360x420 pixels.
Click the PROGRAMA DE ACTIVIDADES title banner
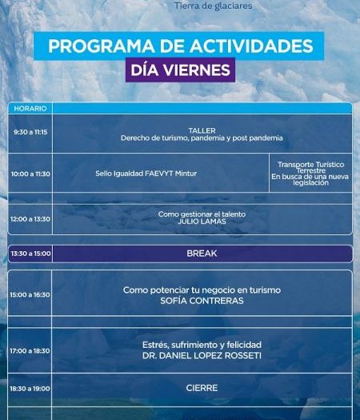pyautogui.click(x=178, y=46)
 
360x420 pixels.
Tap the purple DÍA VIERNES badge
pyautogui.click(x=180, y=70)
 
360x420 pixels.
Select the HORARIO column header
pyautogui.click(x=30, y=109)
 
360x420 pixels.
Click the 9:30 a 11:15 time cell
pyautogui.click(x=30, y=132)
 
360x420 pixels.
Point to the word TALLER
pyautogui.click(x=202, y=130)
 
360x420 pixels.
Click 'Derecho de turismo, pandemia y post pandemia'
pyautogui.click(x=202, y=138)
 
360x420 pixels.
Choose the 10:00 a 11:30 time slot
pyautogui.click(x=30, y=174)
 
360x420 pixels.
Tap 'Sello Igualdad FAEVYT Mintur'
pyautogui.click(x=146, y=174)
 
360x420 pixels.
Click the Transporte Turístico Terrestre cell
pyautogui.click(x=310, y=174)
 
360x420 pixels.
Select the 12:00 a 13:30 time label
pyautogui.click(x=30, y=219)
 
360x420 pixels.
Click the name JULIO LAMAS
pyautogui.click(x=202, y=222)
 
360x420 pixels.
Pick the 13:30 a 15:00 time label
pyautogui.click(x=31, y=254)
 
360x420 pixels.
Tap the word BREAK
pyautogui.click(x=202, y=254)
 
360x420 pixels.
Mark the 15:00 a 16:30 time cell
pyautogui.click(x=30, y=295)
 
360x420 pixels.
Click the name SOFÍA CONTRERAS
pyautogui.click(x=202, y=301)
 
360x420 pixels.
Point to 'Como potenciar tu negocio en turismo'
pyautogui.click(x=202, y=290)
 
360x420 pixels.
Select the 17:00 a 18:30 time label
pyautogui.click(x=30, y=351)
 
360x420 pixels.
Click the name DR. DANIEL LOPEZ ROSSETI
pyautogui.click(x=202, y=356)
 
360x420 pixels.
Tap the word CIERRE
pyautogui.click(x=202, y=388)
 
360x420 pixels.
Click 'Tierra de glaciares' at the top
pyautogui.click(x=214, y=6)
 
